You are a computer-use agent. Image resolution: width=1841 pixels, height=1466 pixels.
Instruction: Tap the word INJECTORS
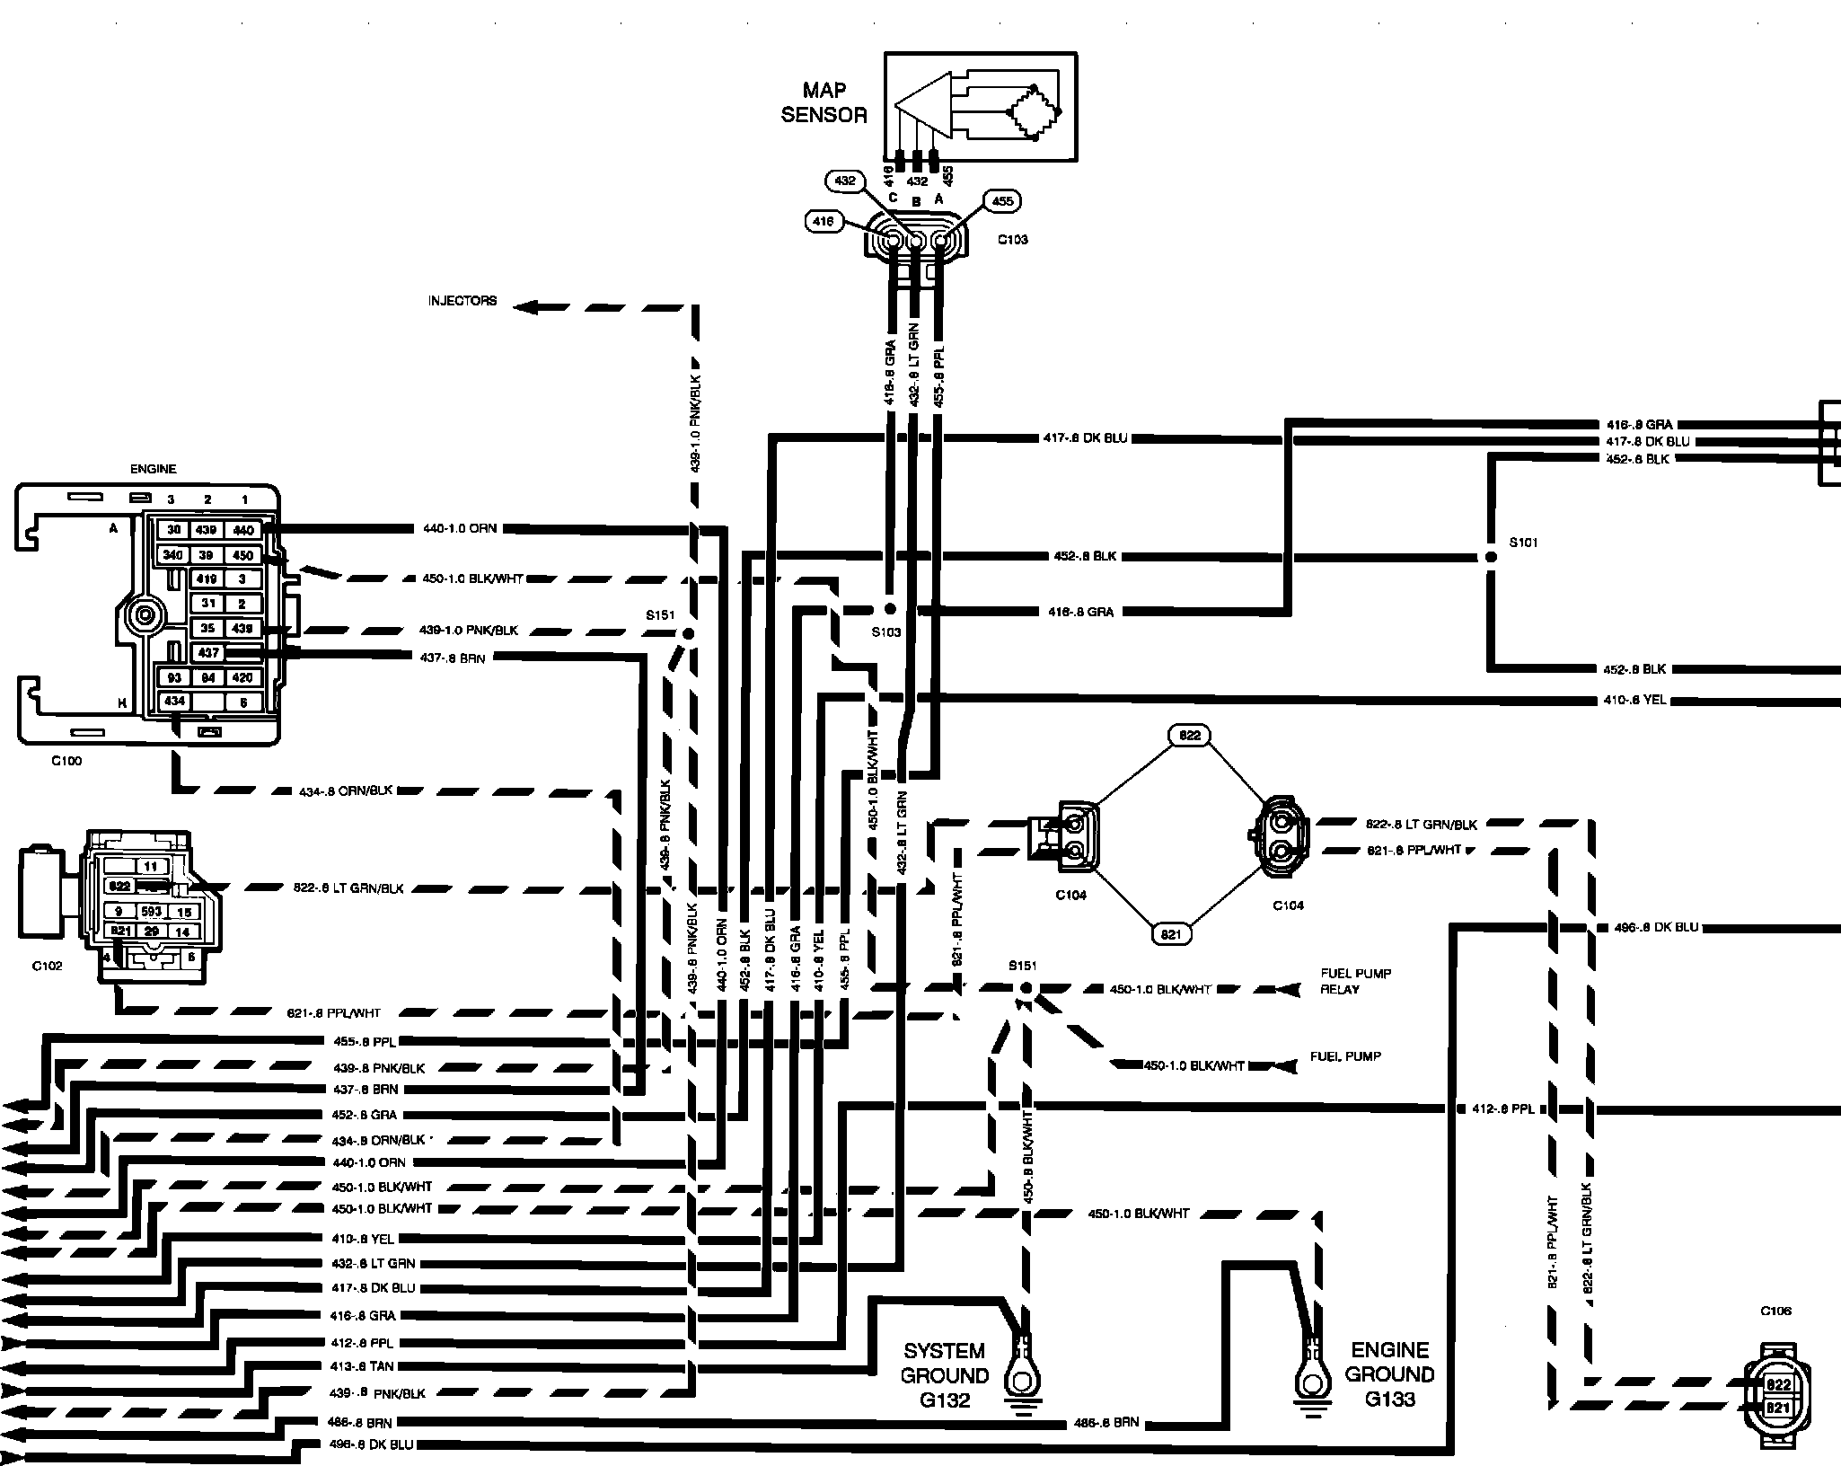(462, 301)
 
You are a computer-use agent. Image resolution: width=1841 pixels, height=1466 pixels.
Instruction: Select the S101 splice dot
(1491, 557)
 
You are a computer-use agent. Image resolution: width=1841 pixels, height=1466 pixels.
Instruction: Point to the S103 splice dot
(889, 608)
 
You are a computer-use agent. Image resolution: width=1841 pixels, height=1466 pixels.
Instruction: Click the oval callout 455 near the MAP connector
(1002, 201)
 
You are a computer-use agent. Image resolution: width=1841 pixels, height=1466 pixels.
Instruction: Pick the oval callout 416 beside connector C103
(824, 221)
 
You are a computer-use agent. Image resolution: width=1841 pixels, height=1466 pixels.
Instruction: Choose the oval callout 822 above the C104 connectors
(1189, 736)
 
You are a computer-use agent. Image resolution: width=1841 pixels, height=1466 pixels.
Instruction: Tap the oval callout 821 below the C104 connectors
(1171, 934)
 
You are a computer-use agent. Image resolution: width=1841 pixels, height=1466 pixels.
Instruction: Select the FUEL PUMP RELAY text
(1356, 981)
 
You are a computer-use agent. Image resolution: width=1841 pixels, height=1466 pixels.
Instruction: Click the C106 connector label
(1775, 1311)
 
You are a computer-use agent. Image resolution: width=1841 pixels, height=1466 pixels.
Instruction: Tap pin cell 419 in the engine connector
(207, 578)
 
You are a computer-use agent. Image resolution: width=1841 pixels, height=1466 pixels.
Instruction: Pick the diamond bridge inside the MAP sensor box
(1035, 112)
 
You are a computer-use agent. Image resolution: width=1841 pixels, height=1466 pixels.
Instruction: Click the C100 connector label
(66, 761)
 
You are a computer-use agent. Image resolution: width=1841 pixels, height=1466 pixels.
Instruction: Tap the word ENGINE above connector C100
(154, 469)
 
